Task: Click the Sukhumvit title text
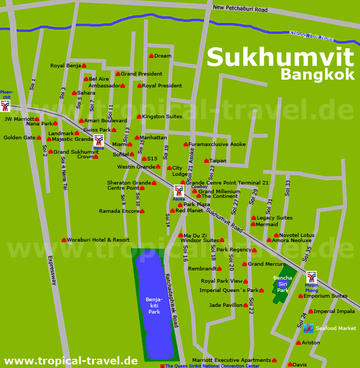(280, 57)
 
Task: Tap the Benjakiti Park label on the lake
(154, 305)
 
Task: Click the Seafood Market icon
(309, 328)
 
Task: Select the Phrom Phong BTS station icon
(312, 277)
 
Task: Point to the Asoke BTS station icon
(179, 190)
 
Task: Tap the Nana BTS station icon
(99, 140)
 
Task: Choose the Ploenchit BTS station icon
(5, 105)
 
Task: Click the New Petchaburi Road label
(240, 9)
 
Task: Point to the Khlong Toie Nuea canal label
(311, 35)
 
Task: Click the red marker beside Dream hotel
(151, 56)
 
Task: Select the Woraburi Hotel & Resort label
(98, 240)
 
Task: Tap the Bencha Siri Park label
(283, 284)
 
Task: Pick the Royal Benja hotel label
(65, 66)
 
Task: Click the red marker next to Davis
(290, 364)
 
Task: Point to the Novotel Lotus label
(297, 235)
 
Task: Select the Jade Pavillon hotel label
(225, 305)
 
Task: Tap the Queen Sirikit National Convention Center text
(212, 366)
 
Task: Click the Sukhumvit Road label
(224, 218)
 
